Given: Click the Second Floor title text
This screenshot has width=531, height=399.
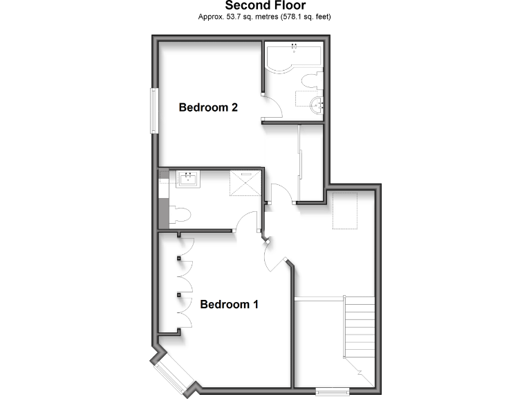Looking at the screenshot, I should click(265, 6).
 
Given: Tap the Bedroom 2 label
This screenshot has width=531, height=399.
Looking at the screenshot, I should click(208, 107).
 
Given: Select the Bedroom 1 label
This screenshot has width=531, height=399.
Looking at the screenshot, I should click(230, 304).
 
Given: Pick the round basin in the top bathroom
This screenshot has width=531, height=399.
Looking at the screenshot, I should click(317, 105).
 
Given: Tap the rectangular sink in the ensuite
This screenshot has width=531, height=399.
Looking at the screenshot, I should click(187, 179).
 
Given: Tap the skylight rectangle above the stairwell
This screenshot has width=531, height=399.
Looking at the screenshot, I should click(343, 211).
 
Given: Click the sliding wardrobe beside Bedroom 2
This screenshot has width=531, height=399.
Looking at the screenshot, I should click(300, 163).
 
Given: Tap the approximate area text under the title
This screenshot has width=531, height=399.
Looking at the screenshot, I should click(265, 16).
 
